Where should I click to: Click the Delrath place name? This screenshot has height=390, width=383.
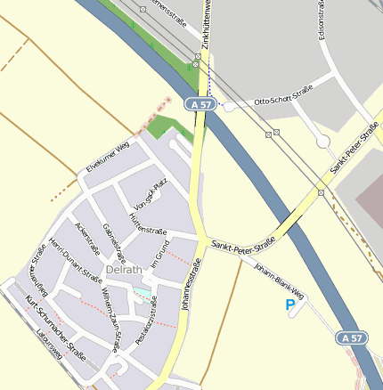(x=123, y=269)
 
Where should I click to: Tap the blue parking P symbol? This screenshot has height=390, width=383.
(x=289, y=305)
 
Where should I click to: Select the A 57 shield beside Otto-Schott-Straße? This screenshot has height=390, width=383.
(x=201, y=104)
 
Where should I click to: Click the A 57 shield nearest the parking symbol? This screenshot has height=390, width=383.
(x=352, y=338)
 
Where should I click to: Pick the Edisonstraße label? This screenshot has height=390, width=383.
(x=321, y=20)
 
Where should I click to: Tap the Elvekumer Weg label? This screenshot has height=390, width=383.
(x=108, y=155)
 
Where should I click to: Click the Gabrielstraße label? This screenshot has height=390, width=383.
(x=115, y=242)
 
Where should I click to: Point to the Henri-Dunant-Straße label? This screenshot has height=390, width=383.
(x=75, y=259)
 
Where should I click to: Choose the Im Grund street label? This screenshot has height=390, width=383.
(x=160, y=254)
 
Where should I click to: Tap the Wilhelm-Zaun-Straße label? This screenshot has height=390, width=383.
(x=110, y=308)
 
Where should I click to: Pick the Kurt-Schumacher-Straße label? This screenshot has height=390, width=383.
(x=55, y=326)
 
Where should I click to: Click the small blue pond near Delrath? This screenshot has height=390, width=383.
(x=141, y=291)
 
